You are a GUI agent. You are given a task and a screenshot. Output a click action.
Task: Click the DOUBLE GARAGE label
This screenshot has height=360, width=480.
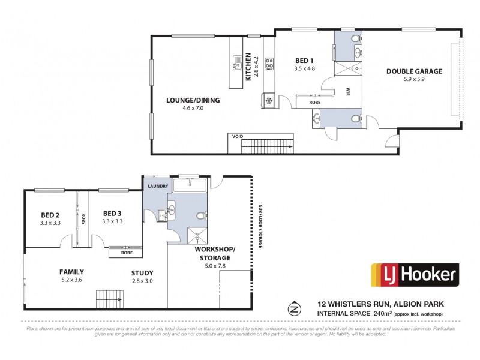[x=414, y=71]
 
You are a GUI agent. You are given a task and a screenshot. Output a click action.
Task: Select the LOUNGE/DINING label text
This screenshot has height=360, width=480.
[x=193, y=100]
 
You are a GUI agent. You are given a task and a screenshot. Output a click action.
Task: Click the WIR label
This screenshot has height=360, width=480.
[x=347, y=91]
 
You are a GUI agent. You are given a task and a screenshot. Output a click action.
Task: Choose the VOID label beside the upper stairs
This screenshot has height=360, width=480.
[x=238, y=136]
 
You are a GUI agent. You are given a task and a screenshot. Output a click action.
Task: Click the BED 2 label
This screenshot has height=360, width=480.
[x=50, y=214]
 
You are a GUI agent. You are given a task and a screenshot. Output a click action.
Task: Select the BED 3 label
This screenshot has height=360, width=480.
[x=112, y=214]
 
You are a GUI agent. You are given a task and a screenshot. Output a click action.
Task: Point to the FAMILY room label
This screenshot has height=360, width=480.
[x=71, y=271]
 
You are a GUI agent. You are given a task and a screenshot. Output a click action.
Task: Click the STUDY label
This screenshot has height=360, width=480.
[x=142, y=273]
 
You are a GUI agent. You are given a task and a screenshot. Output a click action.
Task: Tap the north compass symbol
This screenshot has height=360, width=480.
[x=293, y=309]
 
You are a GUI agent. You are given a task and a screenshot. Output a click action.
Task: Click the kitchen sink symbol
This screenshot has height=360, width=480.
[x=238, y=62]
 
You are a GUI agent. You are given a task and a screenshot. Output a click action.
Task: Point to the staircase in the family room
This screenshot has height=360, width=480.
[x=109, y=297]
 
